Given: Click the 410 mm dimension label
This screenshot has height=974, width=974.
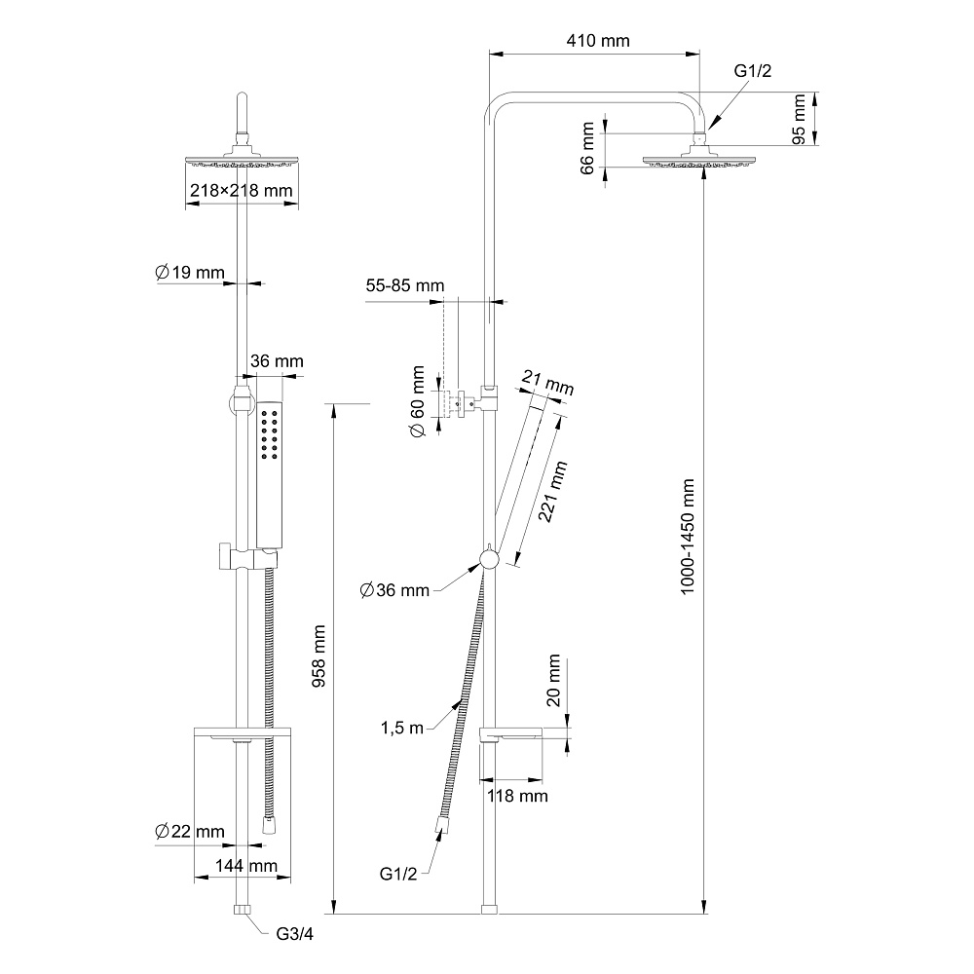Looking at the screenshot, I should click(x=597, y=41).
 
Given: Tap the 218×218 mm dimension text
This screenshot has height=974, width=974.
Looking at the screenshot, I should click(x=242, y=191).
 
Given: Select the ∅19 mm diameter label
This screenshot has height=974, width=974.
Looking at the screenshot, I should click(x=190, y=272).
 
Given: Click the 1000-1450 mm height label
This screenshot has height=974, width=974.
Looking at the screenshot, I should click(x=690, y=537).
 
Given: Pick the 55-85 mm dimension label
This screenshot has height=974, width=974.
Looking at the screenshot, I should click(x=404, y=286).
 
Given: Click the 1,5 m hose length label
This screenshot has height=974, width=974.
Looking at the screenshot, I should click(x=401, y=728).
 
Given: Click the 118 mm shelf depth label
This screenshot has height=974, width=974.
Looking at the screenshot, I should click(x=517, y=796).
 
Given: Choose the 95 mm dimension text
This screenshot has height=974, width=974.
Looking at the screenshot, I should click(x=800, y=120).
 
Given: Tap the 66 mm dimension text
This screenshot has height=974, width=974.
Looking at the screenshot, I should click(x=586, y=148).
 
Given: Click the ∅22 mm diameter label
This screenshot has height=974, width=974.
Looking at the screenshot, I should click(x=190, y=832).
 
